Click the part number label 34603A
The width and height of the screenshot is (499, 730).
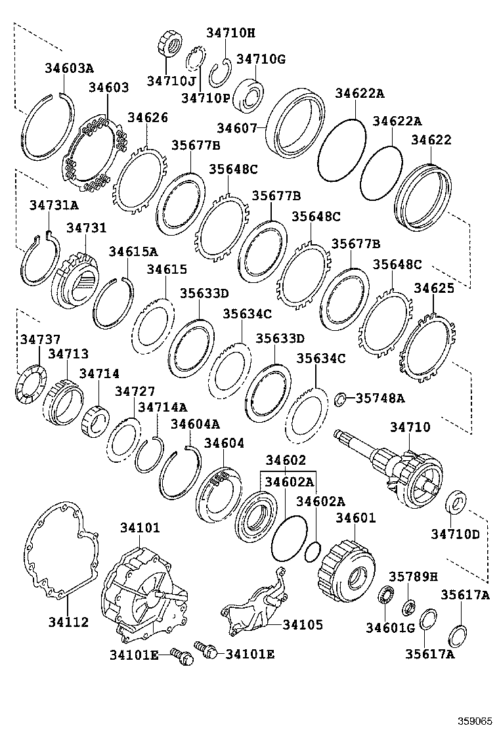69,68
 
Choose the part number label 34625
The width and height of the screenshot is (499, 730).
433,288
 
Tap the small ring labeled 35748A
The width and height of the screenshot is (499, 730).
340,398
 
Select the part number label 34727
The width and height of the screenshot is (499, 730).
134,392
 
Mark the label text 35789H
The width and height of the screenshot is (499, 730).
412,576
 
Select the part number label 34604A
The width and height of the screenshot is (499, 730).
195,424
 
